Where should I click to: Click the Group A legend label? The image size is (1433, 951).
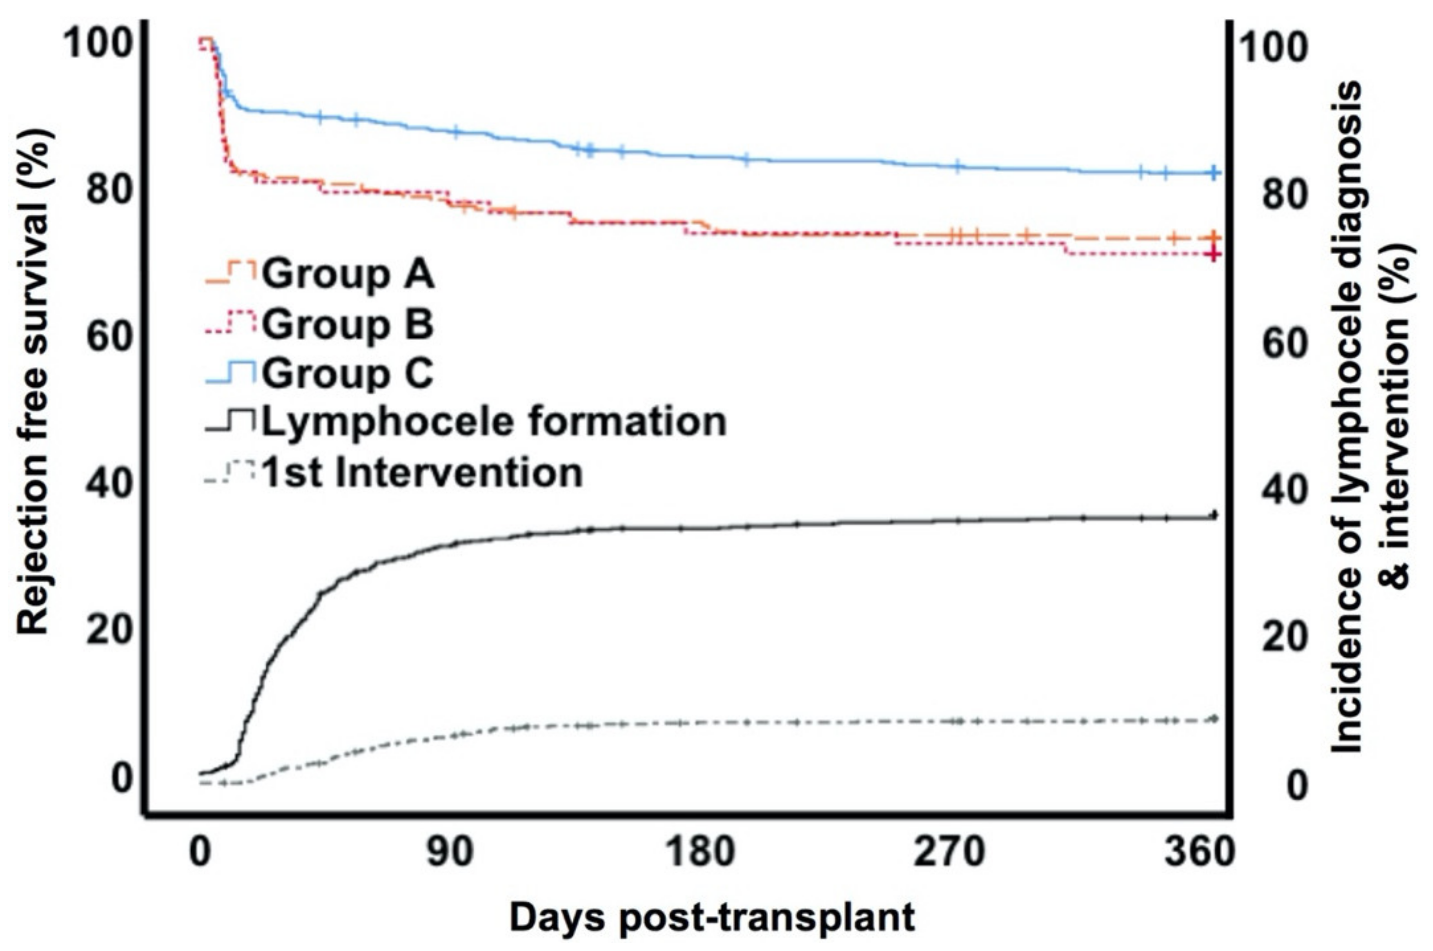[x=348, y=275]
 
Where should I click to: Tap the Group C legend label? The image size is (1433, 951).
[x=348, y=374]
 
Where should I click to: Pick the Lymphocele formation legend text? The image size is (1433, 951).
[x=494, y=422]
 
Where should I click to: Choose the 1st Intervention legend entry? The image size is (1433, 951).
[x=421, y=473]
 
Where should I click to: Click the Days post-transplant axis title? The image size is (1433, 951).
[x=711, y=918]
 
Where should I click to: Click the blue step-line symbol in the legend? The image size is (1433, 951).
[x=230, y=372]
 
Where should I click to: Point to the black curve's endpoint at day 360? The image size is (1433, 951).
[x=1214, y=516]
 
